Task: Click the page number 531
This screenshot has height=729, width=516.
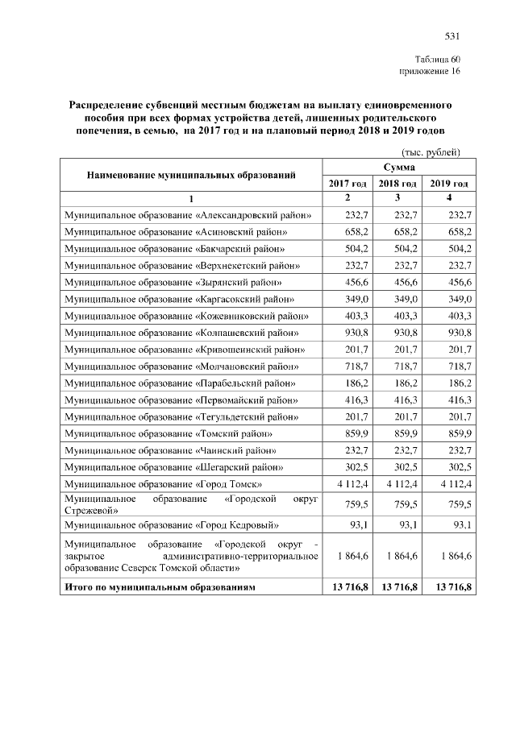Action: pos(451,35)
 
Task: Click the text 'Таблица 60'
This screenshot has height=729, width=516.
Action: pos(437,60)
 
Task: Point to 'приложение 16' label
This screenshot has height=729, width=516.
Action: pos(430,71)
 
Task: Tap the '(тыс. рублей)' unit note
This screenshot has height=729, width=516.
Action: pos(431,151)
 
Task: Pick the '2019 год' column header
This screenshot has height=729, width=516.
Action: pos(449,184)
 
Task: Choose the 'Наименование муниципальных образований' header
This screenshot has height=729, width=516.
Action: pos(191,175)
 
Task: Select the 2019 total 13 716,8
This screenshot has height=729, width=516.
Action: pos(450,588)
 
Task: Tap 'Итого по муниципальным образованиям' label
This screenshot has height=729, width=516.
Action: pos(160,588)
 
